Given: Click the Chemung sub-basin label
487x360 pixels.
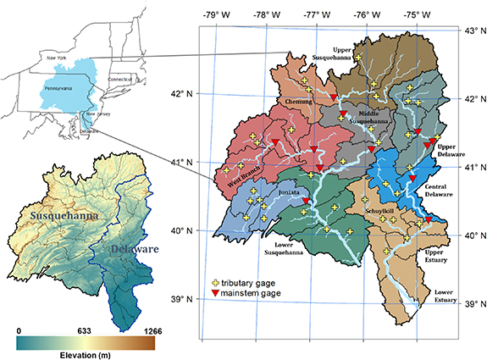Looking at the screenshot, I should pos(296,102).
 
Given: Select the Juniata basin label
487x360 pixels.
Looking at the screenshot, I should pos(289,194).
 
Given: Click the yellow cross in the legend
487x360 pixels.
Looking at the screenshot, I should pos(216,280).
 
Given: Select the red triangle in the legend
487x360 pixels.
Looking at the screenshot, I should pos(216,291).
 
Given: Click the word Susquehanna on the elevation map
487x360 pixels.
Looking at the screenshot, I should pos(62,217).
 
